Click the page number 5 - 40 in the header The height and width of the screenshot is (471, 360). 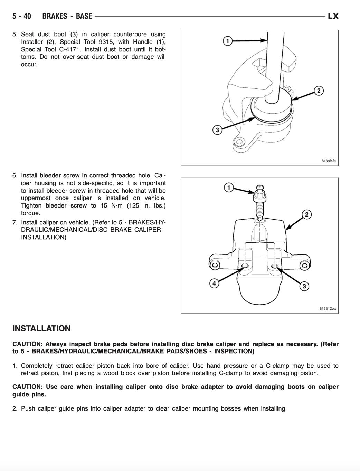tap(22, 16)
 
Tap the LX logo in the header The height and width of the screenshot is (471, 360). tap(333, 16)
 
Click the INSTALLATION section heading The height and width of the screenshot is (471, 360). tap(41, 328)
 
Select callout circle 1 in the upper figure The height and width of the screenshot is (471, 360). tap(227, 41)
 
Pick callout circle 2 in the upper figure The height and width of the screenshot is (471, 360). tap(319, 91)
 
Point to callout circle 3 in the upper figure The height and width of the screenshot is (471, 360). tap(217, 130)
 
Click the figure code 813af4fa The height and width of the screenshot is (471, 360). tap(328, 161)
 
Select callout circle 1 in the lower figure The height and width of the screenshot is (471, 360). tap(228, 188)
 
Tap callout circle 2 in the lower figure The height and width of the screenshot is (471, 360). tap(306, 214)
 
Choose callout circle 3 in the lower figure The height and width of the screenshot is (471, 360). tap(304, 286)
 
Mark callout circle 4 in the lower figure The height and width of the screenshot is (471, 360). tap(214, 283)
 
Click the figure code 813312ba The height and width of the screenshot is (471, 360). tap(327, 309)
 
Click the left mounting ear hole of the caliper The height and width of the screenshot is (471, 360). tap(215, 265)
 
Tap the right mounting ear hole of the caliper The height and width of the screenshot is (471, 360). tap(304, 265)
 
